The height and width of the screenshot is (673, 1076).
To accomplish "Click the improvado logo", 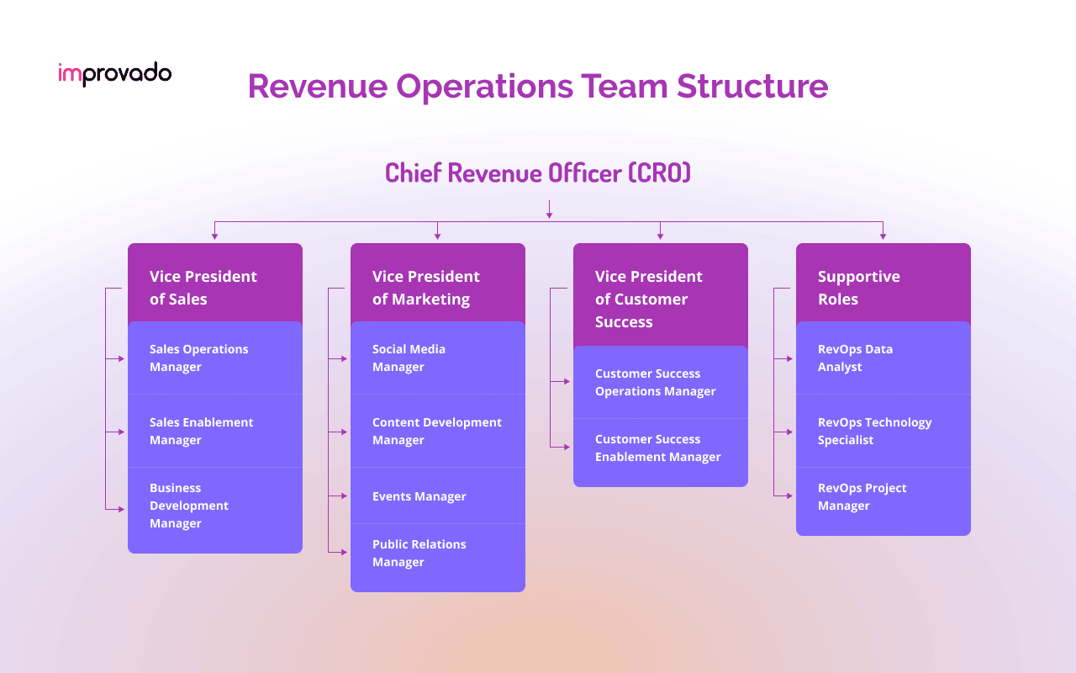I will [x=114, y=74].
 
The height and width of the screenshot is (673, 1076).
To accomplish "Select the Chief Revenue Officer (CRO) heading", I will [x=538, y=172].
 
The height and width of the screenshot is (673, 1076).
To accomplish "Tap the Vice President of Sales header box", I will [x=215, y=287].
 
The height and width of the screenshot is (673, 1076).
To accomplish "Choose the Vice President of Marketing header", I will [x=438, y=287].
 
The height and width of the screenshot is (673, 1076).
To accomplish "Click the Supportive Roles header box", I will [x=883, y=287].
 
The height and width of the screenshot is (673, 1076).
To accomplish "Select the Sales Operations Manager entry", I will [x=215, y=358].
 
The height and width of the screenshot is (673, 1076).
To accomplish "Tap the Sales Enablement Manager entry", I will [x=215, y=432].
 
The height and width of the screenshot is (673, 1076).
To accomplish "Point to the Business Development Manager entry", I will [x=215, y=506].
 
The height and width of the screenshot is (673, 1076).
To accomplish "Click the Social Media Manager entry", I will [x=438, y=358].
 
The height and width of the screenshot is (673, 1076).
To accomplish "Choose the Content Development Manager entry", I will [x=438, y=432].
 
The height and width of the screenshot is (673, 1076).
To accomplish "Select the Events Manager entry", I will [x=438, y=496].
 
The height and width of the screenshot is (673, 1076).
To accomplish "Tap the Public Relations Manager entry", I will [x=438, y=554].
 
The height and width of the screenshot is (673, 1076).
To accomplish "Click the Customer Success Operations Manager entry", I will [x=661, y=383].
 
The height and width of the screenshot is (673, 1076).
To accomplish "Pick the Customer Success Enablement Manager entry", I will [x=661, y=448].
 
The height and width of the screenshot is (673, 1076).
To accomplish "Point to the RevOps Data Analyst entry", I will [x=883, y=358].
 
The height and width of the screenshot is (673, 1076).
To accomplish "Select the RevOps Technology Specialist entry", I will [x=883, y=432].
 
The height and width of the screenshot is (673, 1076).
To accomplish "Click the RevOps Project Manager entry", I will [x=883, y=497].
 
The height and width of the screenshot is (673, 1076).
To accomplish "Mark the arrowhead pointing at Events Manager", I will [x=344, y=496].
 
